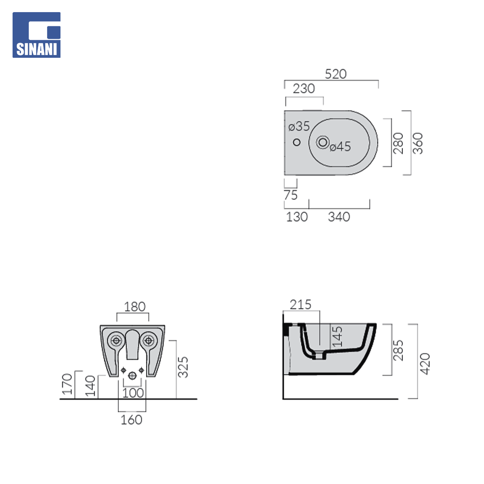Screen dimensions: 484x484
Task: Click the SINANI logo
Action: (x=36, y=35)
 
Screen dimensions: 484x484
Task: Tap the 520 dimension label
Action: (x=336, y=74)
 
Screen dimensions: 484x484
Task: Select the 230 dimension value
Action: (x=304, y=89)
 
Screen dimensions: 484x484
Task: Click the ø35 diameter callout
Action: (x=299, y=126)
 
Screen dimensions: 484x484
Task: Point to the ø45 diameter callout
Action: (x=340, y=147)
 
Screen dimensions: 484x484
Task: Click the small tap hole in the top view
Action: (x=297, y=143)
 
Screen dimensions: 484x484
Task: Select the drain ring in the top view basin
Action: (x=323, y=143)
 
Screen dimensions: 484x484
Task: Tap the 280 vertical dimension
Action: (x=398, y=143)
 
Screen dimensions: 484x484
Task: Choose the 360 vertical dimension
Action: (x=418, y=143)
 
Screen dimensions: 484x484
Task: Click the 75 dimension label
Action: (x=290, y=195)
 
